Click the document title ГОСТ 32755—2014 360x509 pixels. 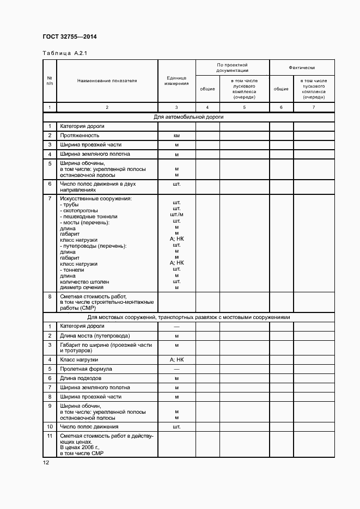69,37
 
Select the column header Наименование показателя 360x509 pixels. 107,81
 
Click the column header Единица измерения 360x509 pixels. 176,81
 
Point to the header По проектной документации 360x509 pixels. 232,68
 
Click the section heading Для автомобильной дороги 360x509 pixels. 188,116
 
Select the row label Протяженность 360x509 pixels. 80,136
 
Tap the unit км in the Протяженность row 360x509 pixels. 176,136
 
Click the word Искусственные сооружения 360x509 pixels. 95,199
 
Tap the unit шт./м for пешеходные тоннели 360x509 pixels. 176,215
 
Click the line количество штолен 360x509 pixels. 84,281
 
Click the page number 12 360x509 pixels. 46,462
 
